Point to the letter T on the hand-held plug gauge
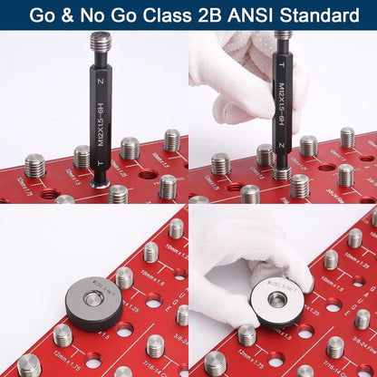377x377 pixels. (x=283, y=65)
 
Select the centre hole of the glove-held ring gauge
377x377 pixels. (x=277, y=300)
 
